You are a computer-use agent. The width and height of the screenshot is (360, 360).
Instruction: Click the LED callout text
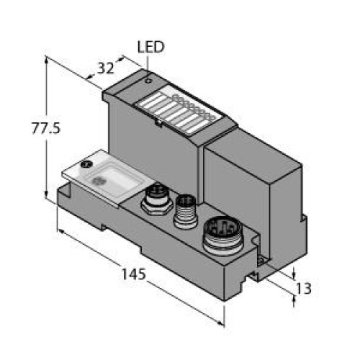click(150, 48)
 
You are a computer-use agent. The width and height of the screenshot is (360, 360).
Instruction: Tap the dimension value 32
click(106, 69)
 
